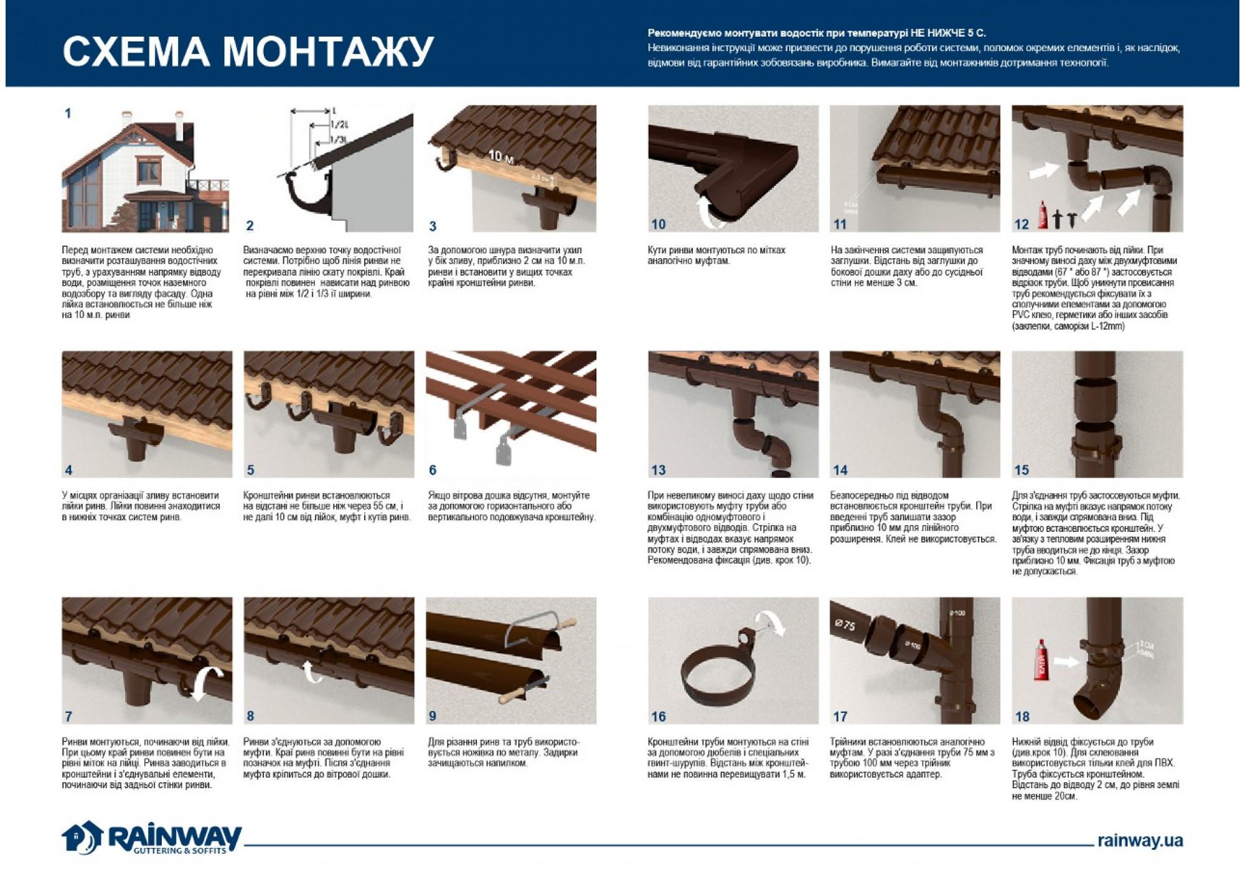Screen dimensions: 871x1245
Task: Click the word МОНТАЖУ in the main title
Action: (328, 51)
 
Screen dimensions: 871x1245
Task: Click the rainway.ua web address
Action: (1140, 841)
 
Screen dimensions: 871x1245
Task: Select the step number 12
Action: (1022, 224)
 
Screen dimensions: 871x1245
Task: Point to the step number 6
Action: (433, 470)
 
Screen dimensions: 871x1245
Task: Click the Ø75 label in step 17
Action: (845, 624)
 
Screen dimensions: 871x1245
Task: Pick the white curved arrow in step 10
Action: (709, 208)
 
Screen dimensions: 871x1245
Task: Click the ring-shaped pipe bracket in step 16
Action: (716, 678)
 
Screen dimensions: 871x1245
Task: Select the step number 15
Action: (1022, 470)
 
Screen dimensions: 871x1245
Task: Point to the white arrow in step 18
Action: (1067, 661)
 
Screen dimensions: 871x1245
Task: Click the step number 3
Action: (433, 226)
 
